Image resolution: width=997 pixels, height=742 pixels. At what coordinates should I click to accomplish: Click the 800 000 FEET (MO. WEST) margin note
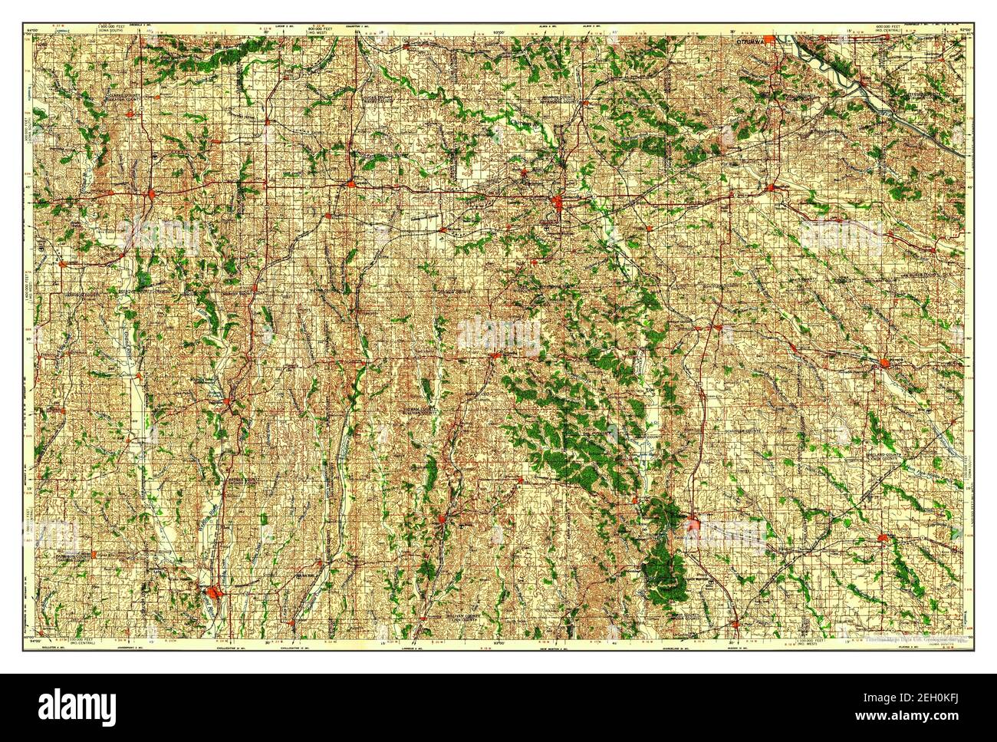pyautogui.click(x=305, y=29)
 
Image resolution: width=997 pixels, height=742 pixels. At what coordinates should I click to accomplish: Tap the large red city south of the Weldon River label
pyautogui.click(x=215, y=592)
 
